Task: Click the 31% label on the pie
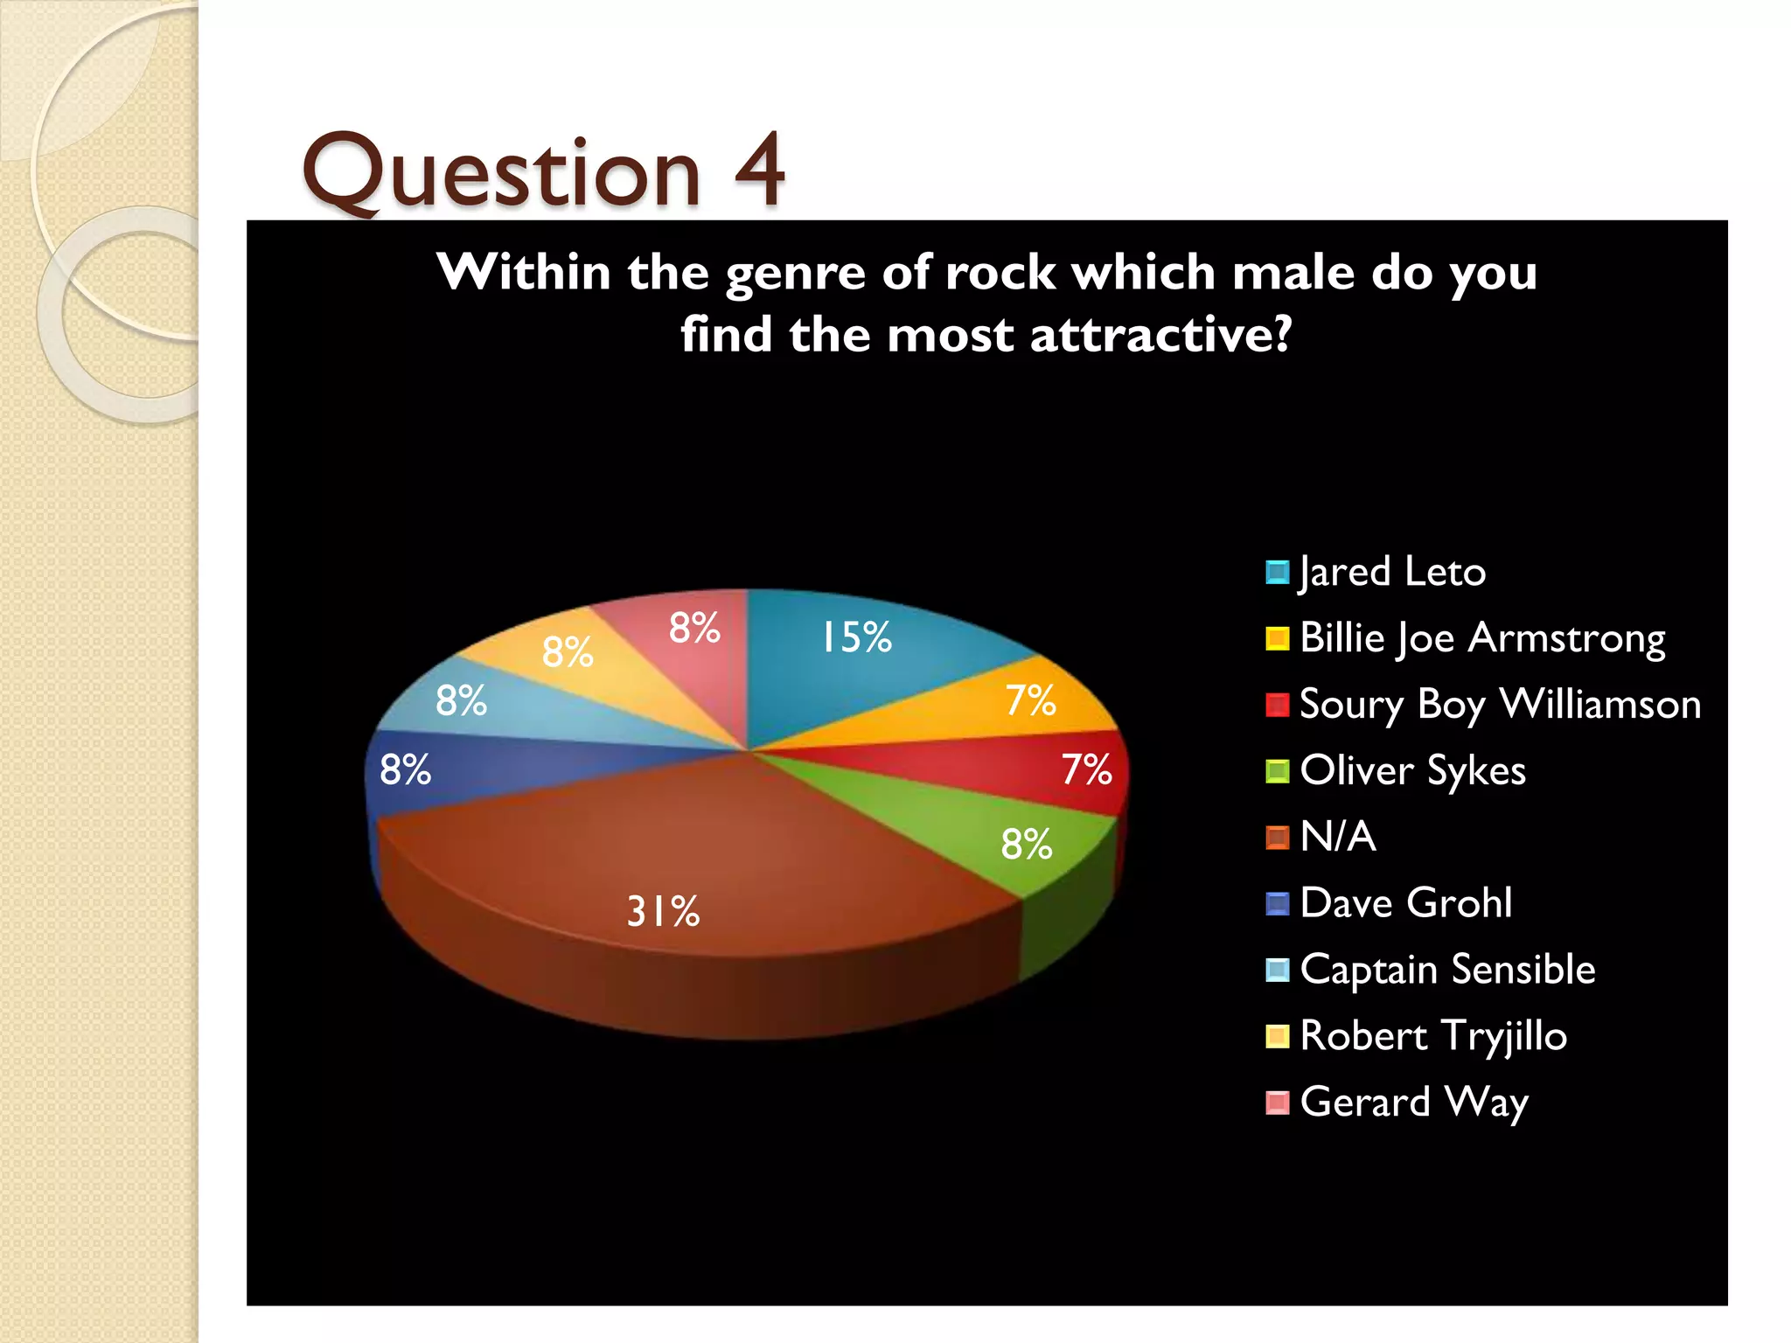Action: coord(663,912)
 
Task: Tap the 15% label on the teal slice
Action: coord(855,637)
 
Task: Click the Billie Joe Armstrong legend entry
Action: coord(1482,638)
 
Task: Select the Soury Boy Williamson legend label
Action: coord(1500,705)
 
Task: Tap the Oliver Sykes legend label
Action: coord(1412,771)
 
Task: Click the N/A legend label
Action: coord(1338,837)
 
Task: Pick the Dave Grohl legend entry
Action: coord(1405,903)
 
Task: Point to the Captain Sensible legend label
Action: coord(1447,970)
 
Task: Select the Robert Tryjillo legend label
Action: coord(1433,1036)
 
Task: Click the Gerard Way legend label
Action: coord(1414,1103)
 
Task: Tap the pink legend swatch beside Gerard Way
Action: coord(1277,1103)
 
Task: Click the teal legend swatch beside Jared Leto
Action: coord(1277,573)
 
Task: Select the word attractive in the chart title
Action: coord(1160,335)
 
